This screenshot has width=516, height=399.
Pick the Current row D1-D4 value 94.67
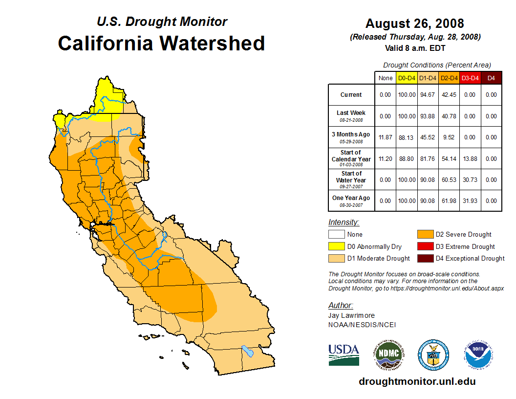coord(428,95)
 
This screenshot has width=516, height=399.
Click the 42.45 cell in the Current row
coord(449,95)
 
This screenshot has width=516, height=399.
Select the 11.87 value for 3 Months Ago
coord(385,137)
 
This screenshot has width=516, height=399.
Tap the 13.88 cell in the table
coord(470,159)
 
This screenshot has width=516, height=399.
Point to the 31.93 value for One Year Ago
coord(470,201)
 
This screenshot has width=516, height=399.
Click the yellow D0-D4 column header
coord(407,78)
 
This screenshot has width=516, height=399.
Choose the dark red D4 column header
coord(491,78)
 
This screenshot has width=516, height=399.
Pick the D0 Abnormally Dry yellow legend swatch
coord(336,246)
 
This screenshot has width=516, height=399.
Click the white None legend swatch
coord(336,235)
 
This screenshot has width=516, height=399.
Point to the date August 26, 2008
coord(414,23)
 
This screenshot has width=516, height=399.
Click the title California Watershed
coord(161,44)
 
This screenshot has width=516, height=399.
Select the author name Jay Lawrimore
coord(351,316)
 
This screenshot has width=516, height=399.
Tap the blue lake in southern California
coord(248,351)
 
